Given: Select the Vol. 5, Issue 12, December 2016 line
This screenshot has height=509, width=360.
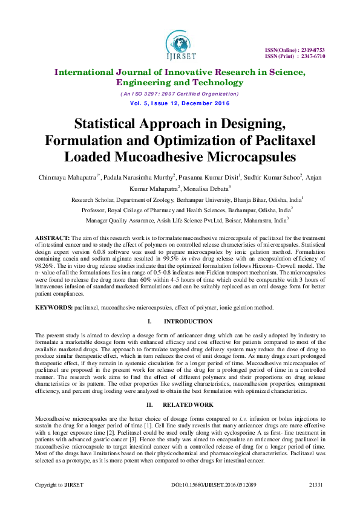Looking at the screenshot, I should click(180, 103).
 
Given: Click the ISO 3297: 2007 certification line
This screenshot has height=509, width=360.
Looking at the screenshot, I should click(180, 94).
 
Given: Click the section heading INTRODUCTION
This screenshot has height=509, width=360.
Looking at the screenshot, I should click(188, 322).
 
